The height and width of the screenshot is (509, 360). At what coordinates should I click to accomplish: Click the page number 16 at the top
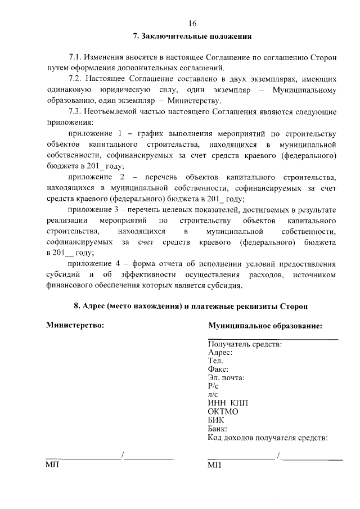(x=192, y=23)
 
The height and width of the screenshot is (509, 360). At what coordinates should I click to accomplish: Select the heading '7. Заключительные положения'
(x=192, y=37)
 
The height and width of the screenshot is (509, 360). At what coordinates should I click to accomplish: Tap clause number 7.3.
(x=75, y=111)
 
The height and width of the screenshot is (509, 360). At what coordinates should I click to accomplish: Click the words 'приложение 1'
(x=95, y=133)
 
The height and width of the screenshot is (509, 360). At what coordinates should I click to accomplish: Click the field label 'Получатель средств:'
(x=245, y=344)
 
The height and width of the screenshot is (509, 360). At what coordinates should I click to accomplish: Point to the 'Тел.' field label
(x=215, y=361)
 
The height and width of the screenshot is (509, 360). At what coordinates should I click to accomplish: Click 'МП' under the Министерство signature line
(x=52, y=465)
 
